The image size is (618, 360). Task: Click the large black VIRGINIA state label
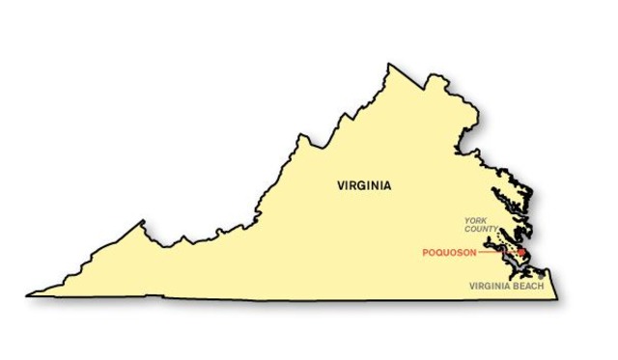pyautogui.click(x=364, y=184)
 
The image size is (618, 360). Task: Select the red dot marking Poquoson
pyautogui.click(x=522, y=253)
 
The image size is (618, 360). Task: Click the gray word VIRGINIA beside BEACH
pyautogui.click(x=490, y=287)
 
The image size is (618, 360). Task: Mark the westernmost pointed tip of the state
pyautogui.click(x=28, y=294)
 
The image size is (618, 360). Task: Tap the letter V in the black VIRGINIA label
pyautogui.click(x=341, y=184)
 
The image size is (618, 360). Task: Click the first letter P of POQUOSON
pyautogui.click(x=426, y=253)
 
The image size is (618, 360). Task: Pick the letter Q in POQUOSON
pyautogui.click(x=440, y=253)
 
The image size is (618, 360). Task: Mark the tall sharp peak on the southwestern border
pyautogui.click(x=144, y=221)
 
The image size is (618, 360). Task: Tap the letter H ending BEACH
pyautogui.click(x=543, y=287)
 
